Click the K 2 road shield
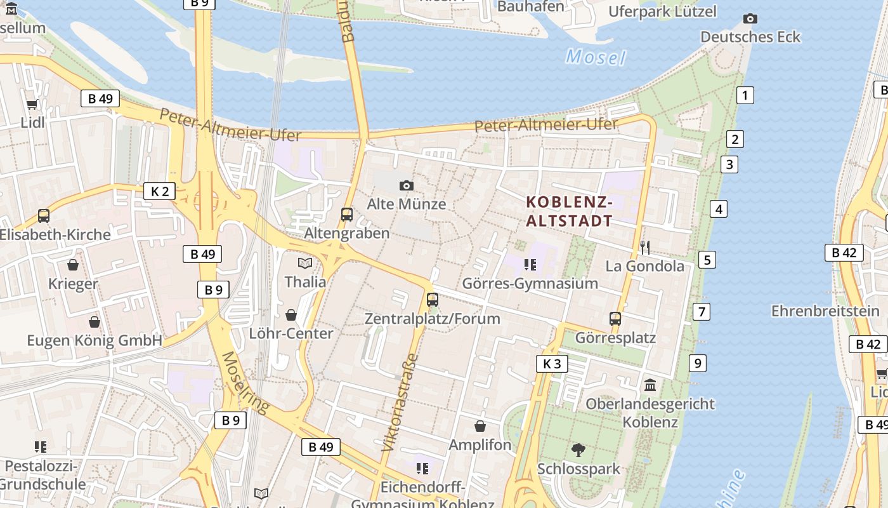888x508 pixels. pos(159,191)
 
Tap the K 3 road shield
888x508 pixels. pos(552,364)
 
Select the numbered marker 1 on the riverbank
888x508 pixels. pos(745,95)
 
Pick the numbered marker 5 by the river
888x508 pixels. pos(707,260)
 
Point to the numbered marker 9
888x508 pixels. pos(698,363)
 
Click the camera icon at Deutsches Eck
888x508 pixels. pos(750,18)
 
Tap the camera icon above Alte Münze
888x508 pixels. pos(407,185)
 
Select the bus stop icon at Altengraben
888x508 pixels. pos(346,215)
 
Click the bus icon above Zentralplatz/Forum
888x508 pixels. pos(433,300)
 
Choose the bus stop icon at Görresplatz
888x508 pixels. pos(615,319)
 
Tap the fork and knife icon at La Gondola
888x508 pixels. pos(645,247)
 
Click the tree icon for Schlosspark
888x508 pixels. pos(578,450)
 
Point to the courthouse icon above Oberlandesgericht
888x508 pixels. pos(650,385)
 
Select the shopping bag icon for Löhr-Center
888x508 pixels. pos(291,315)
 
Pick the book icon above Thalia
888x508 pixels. pos(305,263)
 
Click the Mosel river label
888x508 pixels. pos(596,57)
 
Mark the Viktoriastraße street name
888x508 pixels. pos(401,402)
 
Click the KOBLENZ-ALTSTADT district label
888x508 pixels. pos(570,211)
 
